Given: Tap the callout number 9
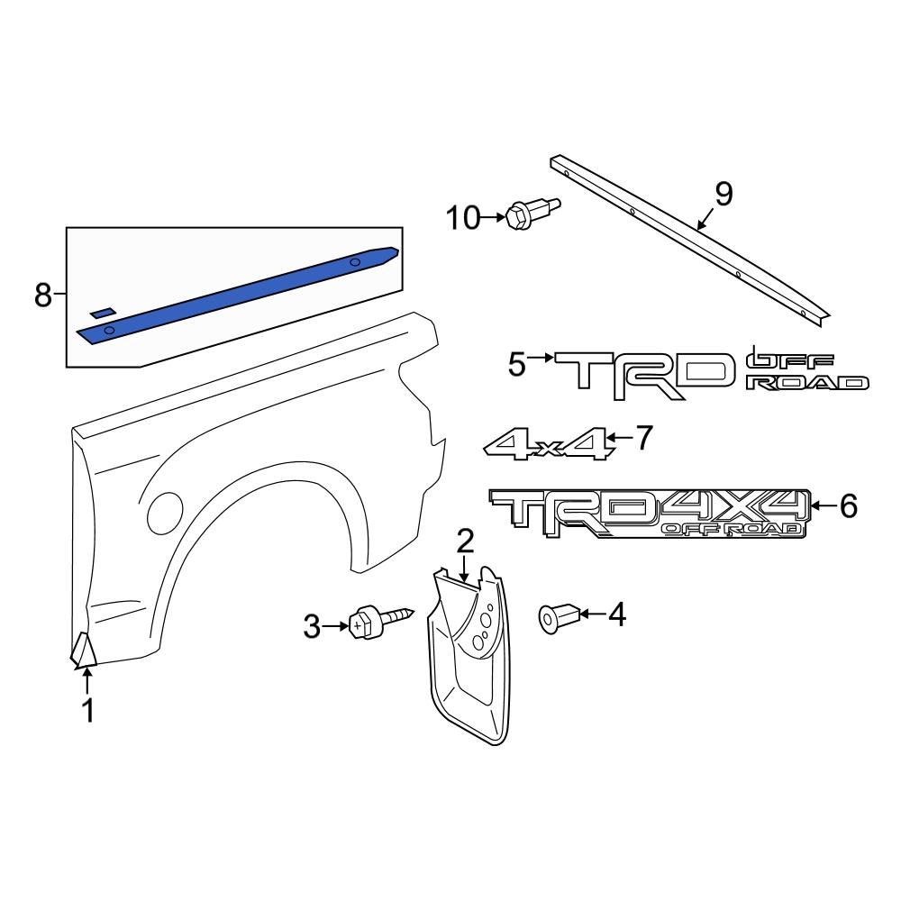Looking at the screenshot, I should pyautogui.click(x=724, y=193).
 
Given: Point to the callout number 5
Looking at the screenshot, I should pyautogui.click(x=515, y=365).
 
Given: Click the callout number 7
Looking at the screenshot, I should pyautogui.click(x=642, y=439).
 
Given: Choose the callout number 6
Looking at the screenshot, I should pyautogui.click(x=848, y=506).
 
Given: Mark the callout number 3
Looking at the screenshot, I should pyautogui.click(x=311, y=626).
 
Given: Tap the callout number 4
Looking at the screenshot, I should pyautogui.click(x=616, y=614).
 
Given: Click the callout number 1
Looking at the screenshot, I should pyautogui.click(x=87, y=712).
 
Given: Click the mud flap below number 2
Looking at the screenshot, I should pyautogui.click(x=469, y=658).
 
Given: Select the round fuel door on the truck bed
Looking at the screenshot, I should pyautogui.click(x=165, y=512).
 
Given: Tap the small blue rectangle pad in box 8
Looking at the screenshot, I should pyautogui.click(x=103, y=311).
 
